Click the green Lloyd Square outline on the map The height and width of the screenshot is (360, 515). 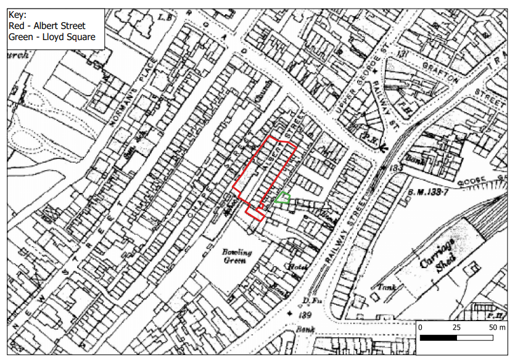click(282, 198)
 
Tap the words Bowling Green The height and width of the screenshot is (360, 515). click(237, 256)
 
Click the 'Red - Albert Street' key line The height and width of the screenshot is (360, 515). click(47, 26)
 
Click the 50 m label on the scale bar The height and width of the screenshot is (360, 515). click(498, 327)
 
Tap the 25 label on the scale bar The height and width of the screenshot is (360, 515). click(457, 327)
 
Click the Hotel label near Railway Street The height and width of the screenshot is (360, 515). click(299, 267)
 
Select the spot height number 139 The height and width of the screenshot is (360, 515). click(303, 314)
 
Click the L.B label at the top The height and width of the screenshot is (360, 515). click(165, 17)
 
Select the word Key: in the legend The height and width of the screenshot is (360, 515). click(19, 15)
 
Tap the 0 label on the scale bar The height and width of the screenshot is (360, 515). click(419, 327)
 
